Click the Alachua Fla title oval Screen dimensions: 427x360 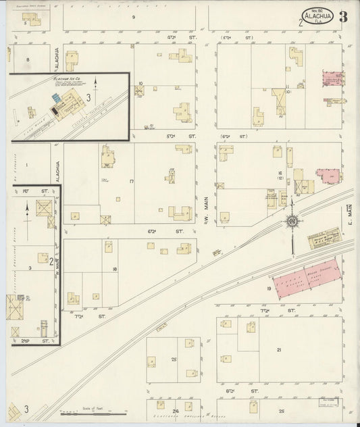tap(316, 18)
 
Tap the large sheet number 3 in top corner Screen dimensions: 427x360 tap(343, 17)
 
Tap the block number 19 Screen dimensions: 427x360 tap(268, 288)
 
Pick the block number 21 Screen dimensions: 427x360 tap(278, 349)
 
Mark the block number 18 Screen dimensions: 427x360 tap(115, 269)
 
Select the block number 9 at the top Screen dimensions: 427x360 tap(134, 16)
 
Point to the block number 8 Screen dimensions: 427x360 tap(28, 59)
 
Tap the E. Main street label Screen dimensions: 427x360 tap(351, 214)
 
